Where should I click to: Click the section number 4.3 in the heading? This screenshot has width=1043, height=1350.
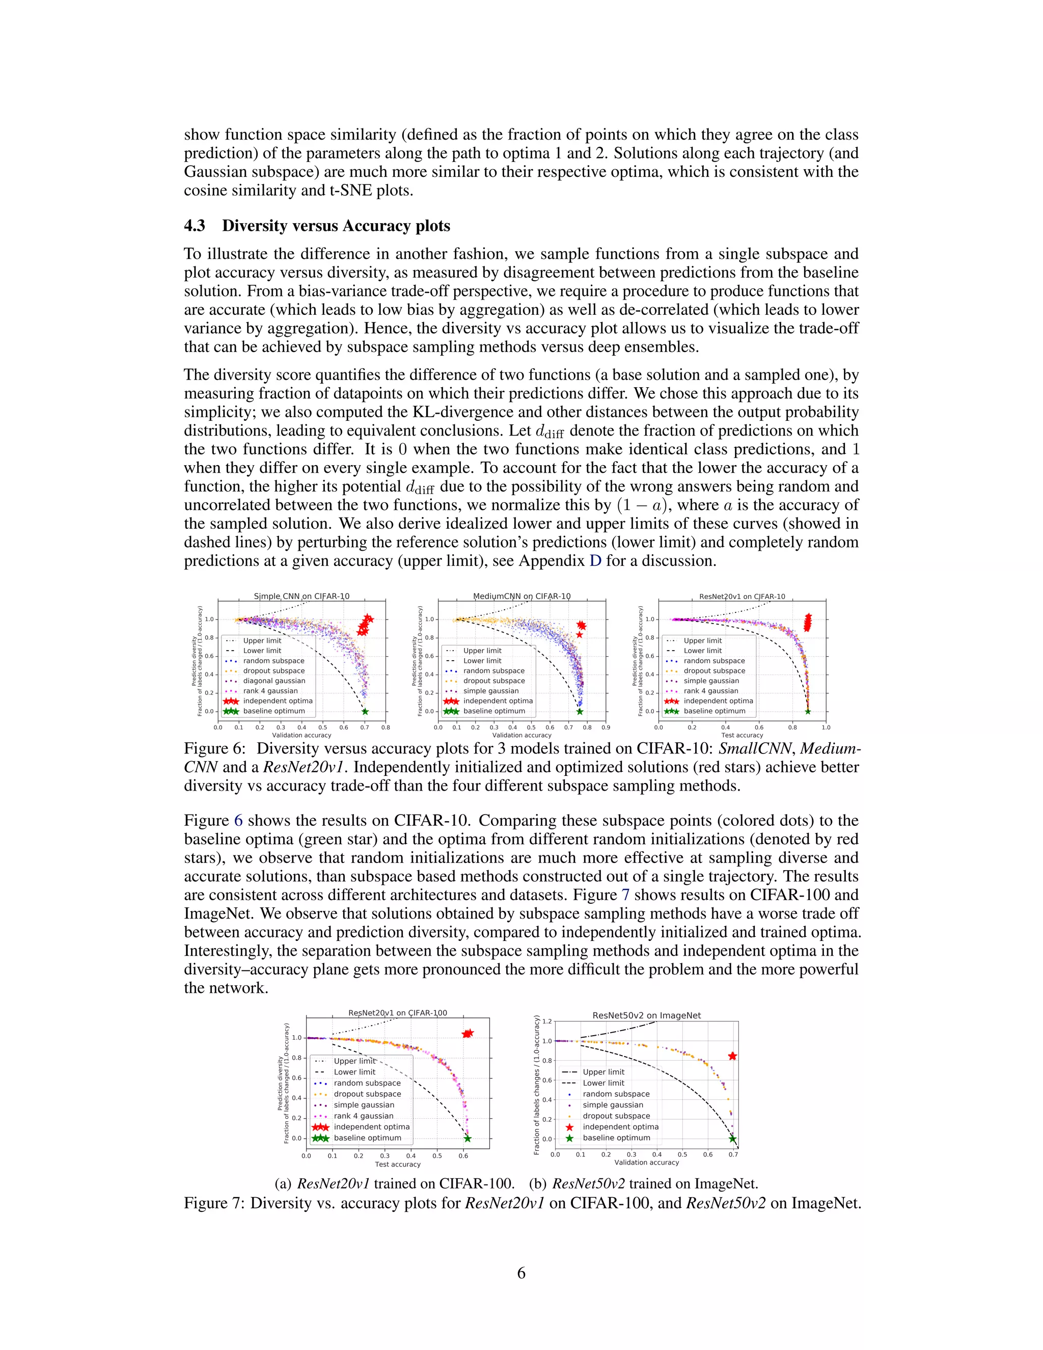tap(195, 226)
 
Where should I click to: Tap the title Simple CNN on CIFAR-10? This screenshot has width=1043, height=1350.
tap(301, 597)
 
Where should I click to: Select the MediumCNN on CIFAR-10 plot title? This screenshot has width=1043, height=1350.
tap(521, 597)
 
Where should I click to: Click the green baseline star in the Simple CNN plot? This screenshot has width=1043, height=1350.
tap(365, 712)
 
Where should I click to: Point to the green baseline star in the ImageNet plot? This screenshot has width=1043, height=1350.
tap(733, 1139)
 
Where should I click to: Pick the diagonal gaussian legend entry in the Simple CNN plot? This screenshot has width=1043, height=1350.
tap(273, 681)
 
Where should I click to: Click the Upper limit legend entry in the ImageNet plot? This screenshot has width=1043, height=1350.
tap(603, 1072)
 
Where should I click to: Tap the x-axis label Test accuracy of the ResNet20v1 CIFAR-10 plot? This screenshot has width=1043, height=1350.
tap(742, 736)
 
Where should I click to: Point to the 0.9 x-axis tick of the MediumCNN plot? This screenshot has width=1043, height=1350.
tap(606, 727)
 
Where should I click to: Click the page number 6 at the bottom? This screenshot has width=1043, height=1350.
tap(521, 1274)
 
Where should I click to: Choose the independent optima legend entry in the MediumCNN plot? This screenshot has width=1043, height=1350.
tap(498, 701)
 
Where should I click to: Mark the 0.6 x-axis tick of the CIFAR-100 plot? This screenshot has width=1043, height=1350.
tap(463, 1155)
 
